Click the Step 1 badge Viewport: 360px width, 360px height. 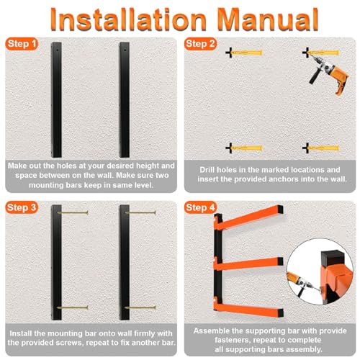click(x=22, y=44)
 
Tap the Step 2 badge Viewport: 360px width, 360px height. click(x=200, y=44)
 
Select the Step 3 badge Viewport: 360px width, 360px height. click(x=22, y=207)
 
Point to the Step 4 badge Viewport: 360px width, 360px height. click(x=200, y=207)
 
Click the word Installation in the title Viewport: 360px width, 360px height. click(x=128, y=19)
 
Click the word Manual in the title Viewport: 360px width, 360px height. click(x=269, y=19)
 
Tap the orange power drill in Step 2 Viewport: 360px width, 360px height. click(x=329, y=73)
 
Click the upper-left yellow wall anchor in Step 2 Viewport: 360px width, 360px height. click(x=244, y=53)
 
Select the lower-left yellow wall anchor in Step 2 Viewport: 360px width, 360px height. click(x=244, y=148)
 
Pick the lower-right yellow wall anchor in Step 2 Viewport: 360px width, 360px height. click(x=321, y=148)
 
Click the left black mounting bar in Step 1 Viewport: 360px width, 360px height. click(x=56, y=99)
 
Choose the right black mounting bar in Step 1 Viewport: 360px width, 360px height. click(x=125, y=99)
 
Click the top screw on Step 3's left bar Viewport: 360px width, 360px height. click(x=73, y=212)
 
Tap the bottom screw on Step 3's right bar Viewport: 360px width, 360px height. click(x=140, y=307)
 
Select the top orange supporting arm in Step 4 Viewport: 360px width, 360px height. click(x=250, y=217)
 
